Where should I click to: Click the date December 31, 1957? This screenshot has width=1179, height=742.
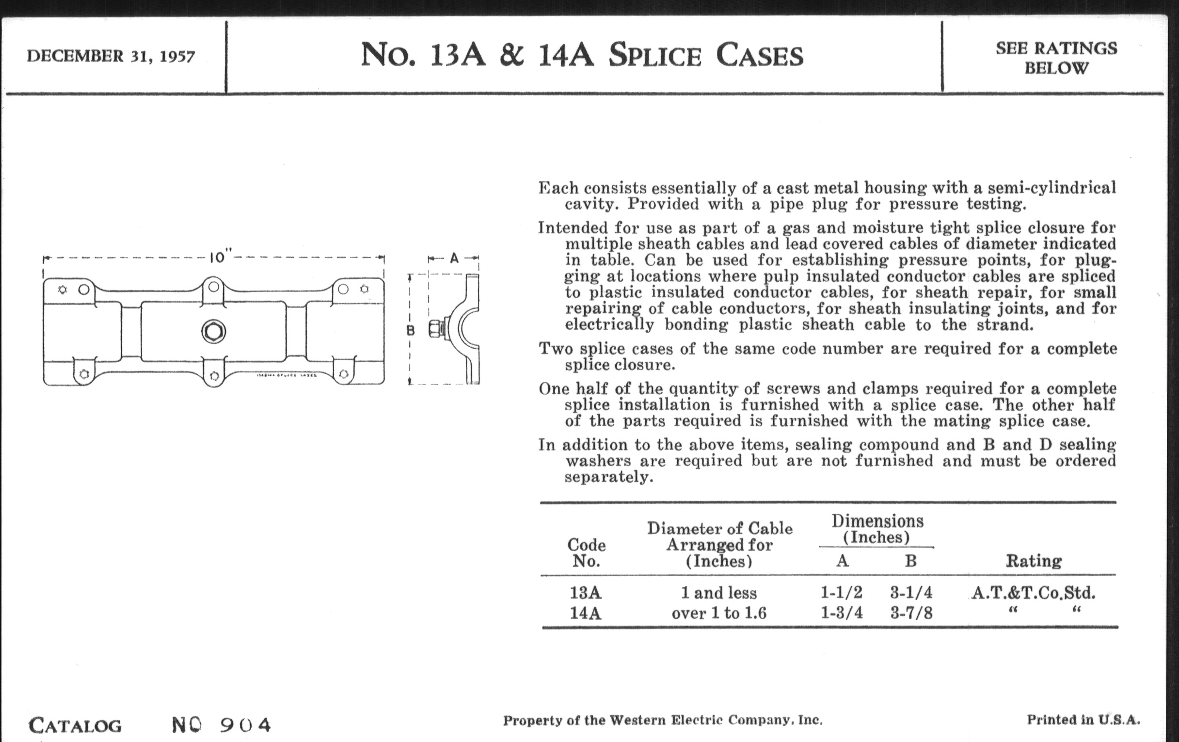click(111, 56)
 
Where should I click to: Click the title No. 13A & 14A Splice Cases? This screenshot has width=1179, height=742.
click(582, 55)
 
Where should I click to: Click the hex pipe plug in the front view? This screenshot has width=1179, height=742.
click(213, 332)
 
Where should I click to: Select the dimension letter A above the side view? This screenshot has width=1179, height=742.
click(454, 258)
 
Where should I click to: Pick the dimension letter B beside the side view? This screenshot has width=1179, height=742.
click(411, 331)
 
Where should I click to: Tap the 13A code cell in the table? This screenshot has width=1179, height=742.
click(585, 593)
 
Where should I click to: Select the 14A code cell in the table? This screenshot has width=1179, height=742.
click(585, 613)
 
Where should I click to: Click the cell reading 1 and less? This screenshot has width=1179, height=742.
click(719, 593)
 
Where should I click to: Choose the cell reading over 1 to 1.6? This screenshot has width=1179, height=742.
click(719, 613)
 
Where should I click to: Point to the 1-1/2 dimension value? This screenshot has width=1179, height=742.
click(841, 593)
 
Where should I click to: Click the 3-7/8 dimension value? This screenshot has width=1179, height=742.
click(911, 613)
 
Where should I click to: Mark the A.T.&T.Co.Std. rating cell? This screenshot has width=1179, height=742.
click(1033, 593)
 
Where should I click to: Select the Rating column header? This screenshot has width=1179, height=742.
click(1034, 561)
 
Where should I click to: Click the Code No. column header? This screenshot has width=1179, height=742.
click(586, 553)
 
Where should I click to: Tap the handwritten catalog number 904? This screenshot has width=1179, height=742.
click(245, 725)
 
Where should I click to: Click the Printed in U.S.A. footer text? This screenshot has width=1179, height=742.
click(1083, 720)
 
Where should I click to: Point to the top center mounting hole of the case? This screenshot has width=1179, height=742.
click(213, 286)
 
